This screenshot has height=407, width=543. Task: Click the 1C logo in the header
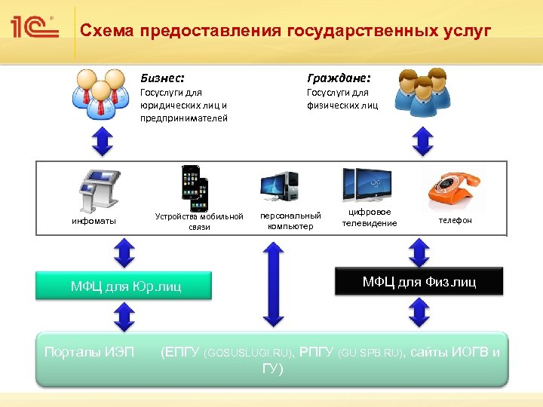tap(35, 28)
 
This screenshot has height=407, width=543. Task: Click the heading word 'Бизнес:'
tap(162, 77)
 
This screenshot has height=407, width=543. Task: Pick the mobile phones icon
tap(194, 187)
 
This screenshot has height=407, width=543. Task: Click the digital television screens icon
tap(369, 185)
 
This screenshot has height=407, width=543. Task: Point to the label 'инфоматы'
tap(94, 221)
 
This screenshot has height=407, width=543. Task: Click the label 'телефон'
tap(456, 220)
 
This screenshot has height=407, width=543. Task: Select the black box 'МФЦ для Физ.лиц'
tap(419, 282)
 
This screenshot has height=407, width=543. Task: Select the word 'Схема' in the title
tap(106, 31)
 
